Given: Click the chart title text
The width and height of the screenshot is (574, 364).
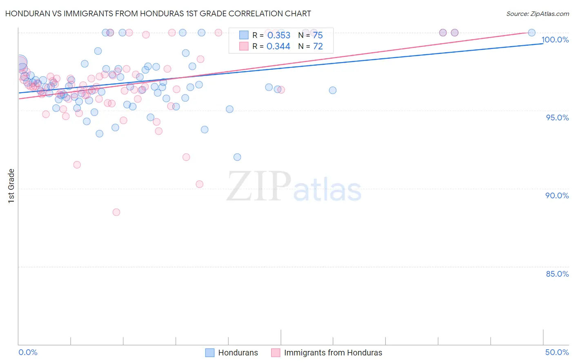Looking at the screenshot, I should [158, 13].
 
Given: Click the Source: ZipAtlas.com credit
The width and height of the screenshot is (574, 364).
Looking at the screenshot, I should [537, 13].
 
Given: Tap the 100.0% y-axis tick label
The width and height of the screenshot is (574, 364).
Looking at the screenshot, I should [555, 40].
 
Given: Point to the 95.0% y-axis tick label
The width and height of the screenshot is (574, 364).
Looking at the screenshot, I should [557, 118].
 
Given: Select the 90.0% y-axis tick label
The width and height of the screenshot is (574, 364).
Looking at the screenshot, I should [557, 195].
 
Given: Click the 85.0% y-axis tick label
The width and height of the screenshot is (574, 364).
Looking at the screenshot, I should [557, 274].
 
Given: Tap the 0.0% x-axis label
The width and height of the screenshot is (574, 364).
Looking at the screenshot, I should [28, 352].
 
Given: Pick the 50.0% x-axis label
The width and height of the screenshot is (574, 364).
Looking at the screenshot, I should [557, 352].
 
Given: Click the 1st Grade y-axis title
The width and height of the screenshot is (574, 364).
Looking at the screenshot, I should [11, 186].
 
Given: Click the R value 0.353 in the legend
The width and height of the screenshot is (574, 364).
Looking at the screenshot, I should [279, 36].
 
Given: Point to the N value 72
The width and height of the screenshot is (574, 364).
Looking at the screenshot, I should [318, 47].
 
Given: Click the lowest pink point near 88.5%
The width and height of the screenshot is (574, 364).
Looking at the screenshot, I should [116, 212].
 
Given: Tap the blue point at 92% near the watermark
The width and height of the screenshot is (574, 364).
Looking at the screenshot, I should [237, 157].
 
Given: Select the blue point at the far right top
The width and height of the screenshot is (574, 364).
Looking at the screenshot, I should [532, 33].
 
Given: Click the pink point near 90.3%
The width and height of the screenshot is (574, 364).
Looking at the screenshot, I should [200, 184].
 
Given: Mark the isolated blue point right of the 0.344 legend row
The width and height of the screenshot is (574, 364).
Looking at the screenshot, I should [333, 90].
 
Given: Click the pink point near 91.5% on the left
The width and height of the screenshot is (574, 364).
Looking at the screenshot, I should [77, 165].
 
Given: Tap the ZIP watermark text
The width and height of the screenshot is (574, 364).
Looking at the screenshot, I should [259, 186].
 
